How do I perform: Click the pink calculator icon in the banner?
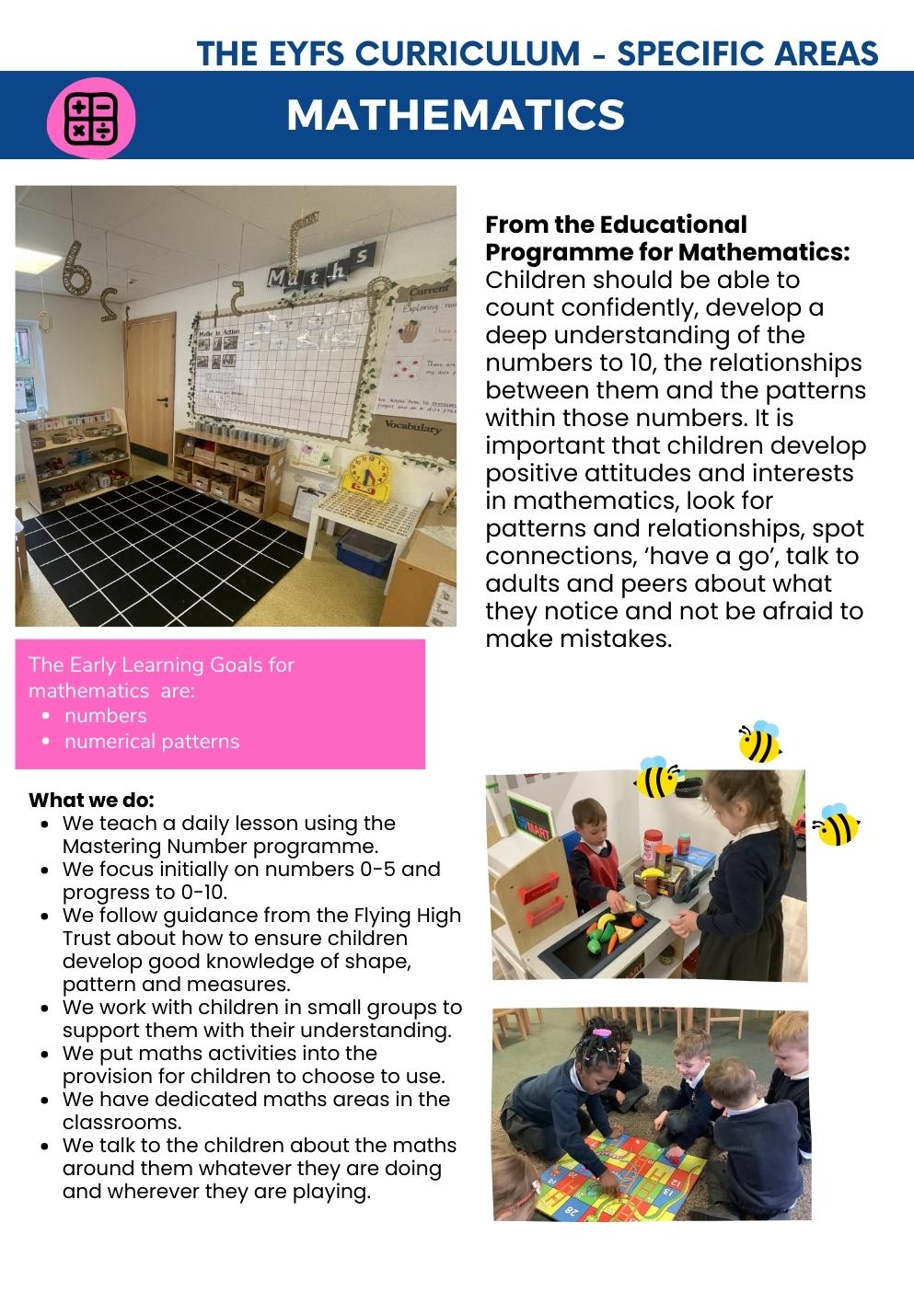click(x=90, y=118)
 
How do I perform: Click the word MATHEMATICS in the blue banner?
click(x=456, y=115)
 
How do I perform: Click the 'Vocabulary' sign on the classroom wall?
click(x=413, y=427)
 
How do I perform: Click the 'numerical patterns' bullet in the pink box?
click(x=151, y=742)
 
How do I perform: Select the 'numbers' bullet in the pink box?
click(x=105, y=716)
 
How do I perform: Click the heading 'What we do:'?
click(x=91, y=800)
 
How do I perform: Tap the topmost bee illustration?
click(x=760, y=743)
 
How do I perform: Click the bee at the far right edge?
click(x=837, y=825)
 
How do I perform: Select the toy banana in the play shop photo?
click(x=653, y=873)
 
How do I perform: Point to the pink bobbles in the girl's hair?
click(x=601, y=1032)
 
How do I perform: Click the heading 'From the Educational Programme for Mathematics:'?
click(x=666, y=238)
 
